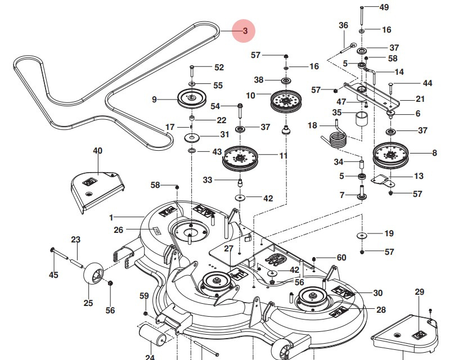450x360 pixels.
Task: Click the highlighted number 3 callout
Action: [x=245, y=31]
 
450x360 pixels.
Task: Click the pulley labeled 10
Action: [x=287, y=102]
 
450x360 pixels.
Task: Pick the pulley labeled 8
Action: [x=390, y=155]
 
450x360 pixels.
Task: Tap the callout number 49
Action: [x=384, y=7]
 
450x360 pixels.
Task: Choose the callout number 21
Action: [x=420, y=99]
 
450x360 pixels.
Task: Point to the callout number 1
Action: [x=111, y=217]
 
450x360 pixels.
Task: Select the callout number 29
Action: [x=419, y=291]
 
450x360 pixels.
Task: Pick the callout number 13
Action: [x=418, y=176]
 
